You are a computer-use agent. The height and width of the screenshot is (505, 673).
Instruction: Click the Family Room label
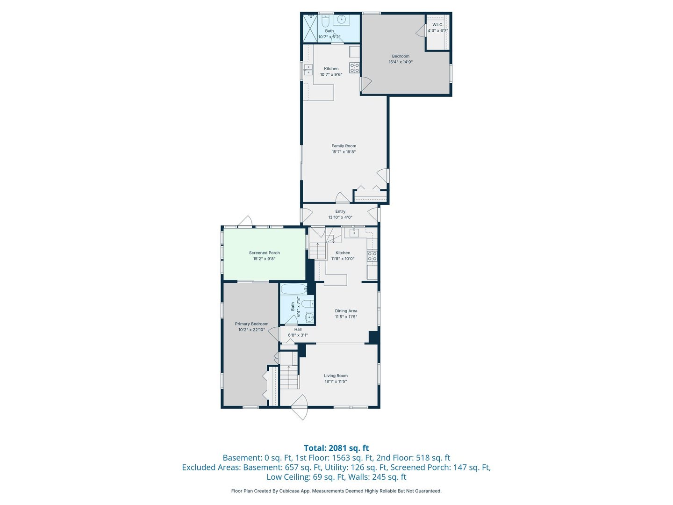[x=344, y=146]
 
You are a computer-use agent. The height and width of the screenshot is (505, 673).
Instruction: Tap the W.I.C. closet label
[x=438, y=25]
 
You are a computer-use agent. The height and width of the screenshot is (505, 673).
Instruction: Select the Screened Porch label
[x=265, y=253]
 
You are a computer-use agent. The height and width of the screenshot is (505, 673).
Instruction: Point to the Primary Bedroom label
[x=251, y=324]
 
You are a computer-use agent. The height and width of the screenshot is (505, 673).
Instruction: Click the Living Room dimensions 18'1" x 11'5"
[x=336, y=382]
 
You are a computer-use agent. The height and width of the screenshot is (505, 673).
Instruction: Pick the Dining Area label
[x=346, y=311]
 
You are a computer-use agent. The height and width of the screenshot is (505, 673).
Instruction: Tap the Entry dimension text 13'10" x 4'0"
[x=340, y=217]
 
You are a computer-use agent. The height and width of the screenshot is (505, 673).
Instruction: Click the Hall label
[x=298, y=329]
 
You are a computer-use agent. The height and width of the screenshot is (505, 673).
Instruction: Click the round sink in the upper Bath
[x=342, y=19]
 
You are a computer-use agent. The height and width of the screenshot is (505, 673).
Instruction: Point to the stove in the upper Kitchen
[x=354, y=68]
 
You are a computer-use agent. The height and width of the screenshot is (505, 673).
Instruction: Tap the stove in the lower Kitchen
[x=372, y=256]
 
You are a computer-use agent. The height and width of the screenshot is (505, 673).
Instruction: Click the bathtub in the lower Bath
[x=294, y=289]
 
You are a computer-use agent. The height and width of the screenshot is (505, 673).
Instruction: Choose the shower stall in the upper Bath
[x=310, y=28]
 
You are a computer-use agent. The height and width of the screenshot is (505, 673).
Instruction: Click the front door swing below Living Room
[x=300, y=407]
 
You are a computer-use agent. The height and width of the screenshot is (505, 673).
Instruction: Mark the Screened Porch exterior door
[x=245, y=222]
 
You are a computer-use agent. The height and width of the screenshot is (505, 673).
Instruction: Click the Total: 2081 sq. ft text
[x=336, y=448]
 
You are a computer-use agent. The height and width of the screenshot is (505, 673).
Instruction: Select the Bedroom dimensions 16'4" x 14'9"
[x=401, y=62]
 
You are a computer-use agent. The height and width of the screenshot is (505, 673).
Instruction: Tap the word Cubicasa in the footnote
[x=289, y=491]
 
